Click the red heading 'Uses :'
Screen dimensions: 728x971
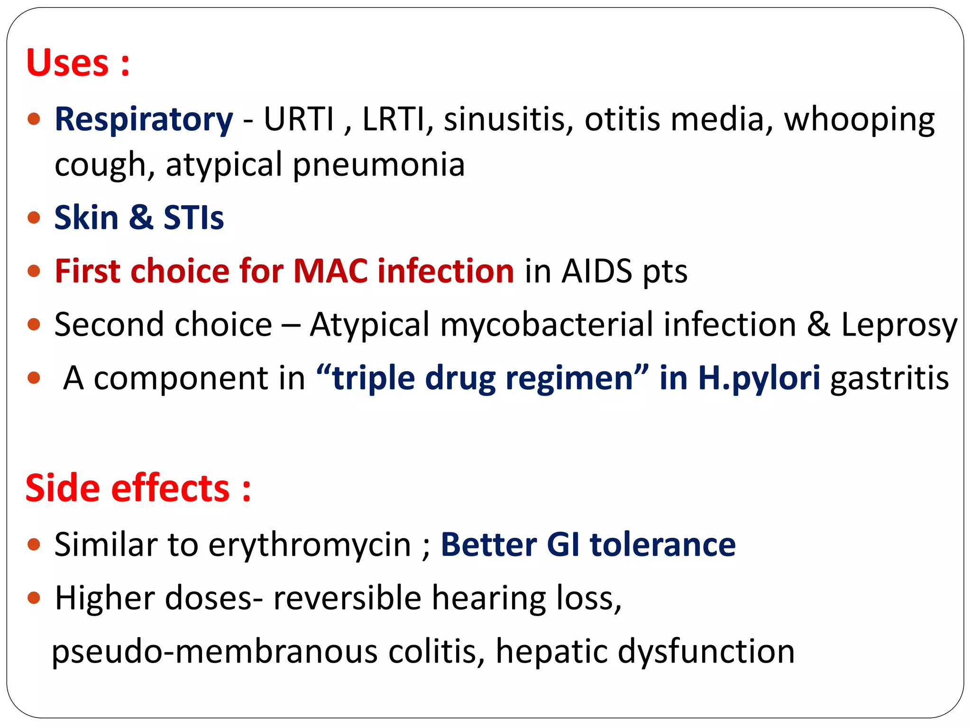78,63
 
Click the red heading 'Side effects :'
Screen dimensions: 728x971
138,489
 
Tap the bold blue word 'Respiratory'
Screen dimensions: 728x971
144,119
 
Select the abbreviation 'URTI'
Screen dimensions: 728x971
299,119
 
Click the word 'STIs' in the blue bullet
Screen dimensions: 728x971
193,218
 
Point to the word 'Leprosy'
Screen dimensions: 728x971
899,326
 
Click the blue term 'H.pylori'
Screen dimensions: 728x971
759,379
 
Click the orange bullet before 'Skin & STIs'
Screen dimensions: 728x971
34,218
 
